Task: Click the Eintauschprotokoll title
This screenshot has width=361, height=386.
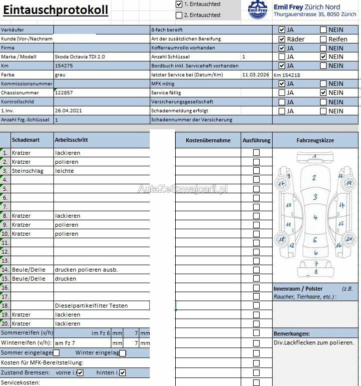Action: pos(56,10)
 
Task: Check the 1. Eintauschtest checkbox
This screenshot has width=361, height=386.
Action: pos(179,4)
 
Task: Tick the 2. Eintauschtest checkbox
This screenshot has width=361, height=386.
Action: pos(179,15)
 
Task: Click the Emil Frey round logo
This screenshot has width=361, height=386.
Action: pos(258,10)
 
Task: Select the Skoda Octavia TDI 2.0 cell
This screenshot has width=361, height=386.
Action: pos(79,57)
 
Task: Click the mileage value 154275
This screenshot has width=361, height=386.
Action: pos(64,66)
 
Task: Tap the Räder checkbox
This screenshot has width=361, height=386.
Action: pos(282,39)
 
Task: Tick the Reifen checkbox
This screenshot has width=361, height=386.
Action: pos(324,39)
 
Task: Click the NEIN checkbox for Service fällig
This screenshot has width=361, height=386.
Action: pos(324,93)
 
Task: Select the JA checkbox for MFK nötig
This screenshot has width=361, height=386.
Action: pos(282,84)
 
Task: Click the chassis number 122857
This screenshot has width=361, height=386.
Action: pos(64,93)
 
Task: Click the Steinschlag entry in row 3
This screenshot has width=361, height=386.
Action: pos(28,171)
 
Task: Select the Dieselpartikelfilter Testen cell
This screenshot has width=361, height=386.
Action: pos(91,306)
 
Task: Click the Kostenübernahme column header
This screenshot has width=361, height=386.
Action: pos(208,140)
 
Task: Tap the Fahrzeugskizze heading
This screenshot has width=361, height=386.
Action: pos(315,140)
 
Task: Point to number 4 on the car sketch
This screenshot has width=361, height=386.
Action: pos(316,218)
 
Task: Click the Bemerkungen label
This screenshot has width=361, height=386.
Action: pos(292,333)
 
